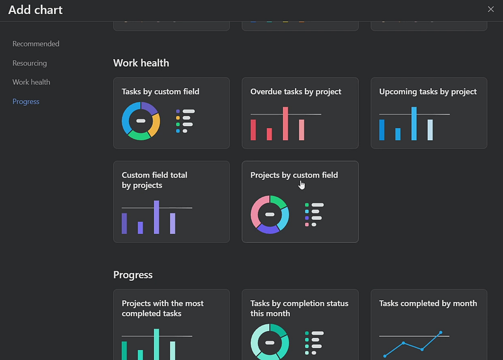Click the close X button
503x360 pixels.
click(x=490, y=9)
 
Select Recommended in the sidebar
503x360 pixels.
click(x=36, y=43)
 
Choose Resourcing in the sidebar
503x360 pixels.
click(x=30, y=64)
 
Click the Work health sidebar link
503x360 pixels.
click(x=31, y=82)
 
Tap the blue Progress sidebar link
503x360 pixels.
click(x=26, y=101)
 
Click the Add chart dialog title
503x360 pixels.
click(x=35, y=10)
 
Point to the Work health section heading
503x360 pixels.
click(x=141, y=63)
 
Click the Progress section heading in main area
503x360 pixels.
click(x=133, y=275)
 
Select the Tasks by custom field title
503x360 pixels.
click(x=160, y=91)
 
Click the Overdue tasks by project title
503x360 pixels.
click(x=296, y=91)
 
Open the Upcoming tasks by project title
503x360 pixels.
click(x=428, y=91)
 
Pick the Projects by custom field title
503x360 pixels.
click(x=294, y=175)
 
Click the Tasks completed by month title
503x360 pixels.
click(x=428, y=303)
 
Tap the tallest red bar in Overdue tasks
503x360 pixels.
click(x=285, y=123)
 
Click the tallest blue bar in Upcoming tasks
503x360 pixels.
click(x=414, y=123)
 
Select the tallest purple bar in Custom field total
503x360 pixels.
click(x=157, y=217)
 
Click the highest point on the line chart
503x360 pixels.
click(x=441, y=332)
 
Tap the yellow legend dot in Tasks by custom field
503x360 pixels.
click(x=178, y=118)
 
